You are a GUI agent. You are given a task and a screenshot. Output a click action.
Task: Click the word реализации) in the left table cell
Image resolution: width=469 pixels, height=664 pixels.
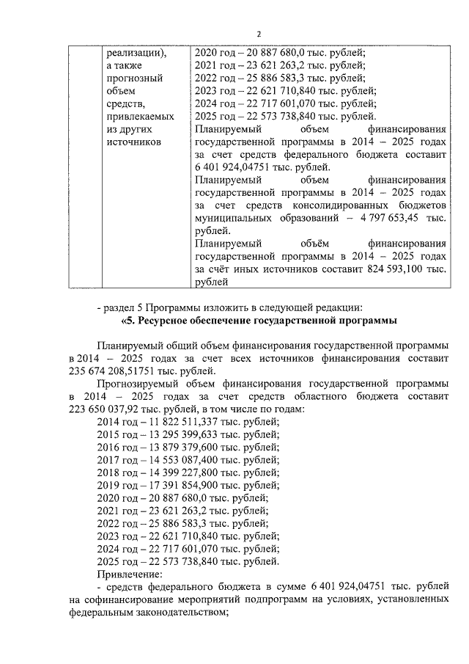pyautogui.click(x=136, y=53)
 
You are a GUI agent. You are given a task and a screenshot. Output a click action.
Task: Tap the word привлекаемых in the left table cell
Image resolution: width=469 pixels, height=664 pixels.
pyautogui.click(x=140, y=116)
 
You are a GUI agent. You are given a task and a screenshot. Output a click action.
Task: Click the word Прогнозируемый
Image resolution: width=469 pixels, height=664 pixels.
pyautogui.click(x=139, y=383)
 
